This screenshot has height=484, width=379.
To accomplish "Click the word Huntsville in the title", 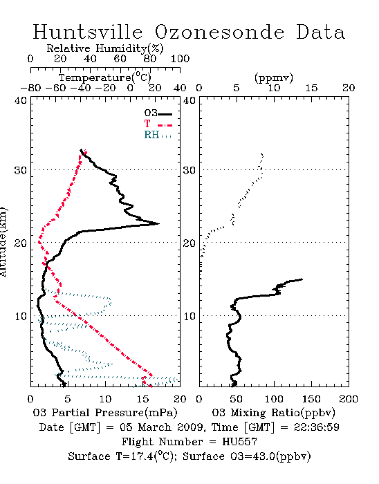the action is point(88,32).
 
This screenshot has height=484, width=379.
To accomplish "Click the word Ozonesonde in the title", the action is point(219,32).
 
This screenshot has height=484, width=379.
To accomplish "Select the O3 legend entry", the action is point(158,113).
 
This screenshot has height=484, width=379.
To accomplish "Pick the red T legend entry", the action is point(158,124).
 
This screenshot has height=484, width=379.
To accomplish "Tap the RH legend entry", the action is point(158,135).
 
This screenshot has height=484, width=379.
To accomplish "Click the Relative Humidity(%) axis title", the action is point(105,48).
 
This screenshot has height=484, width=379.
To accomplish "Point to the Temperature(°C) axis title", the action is point(105,77).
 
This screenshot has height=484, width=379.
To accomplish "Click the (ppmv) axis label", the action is point(273,77).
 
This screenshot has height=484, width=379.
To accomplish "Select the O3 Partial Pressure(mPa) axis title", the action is point(105,412).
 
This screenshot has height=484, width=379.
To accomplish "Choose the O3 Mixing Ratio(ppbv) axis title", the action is point(273,412).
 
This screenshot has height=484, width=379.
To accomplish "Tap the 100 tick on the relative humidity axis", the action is point(180,59).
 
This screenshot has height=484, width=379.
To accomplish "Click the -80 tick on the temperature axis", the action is point(30,88).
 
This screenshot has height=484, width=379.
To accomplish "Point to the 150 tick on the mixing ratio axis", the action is point(311,399).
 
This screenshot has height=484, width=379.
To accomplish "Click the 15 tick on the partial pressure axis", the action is point(142,399).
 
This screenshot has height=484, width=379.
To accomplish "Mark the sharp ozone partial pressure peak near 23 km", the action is point(158,223).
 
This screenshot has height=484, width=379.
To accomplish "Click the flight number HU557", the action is point(239,442).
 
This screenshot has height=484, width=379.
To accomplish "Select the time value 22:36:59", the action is point(316,427).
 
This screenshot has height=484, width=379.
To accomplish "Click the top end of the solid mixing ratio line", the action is point(302,279).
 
